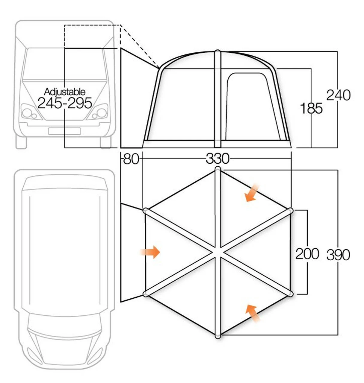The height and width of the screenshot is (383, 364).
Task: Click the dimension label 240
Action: (x=338, y=95)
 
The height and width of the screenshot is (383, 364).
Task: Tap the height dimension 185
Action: (x=311, y=108)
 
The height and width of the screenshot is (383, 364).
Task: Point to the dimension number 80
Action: (x=131, y=159)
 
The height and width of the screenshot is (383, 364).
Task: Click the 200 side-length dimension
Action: (x=307, y=254)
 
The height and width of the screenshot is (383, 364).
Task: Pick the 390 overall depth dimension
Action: (x=338, y=255)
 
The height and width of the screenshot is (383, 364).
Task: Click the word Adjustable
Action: (x=64, y=92)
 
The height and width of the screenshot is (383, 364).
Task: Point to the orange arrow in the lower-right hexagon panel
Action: (x=253, y=313)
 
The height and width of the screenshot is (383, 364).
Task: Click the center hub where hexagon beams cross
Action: (x=218, y=252)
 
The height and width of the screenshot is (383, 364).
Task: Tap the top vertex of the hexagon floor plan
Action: (x=218, y=170)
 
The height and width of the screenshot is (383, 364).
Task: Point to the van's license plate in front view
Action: (x=64, y=131)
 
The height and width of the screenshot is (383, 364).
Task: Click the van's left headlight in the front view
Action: (x=29, y=113)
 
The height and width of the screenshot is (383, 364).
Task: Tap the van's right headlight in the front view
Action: (x=99, y=113)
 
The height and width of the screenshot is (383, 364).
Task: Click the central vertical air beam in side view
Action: (x=218, y=99)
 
